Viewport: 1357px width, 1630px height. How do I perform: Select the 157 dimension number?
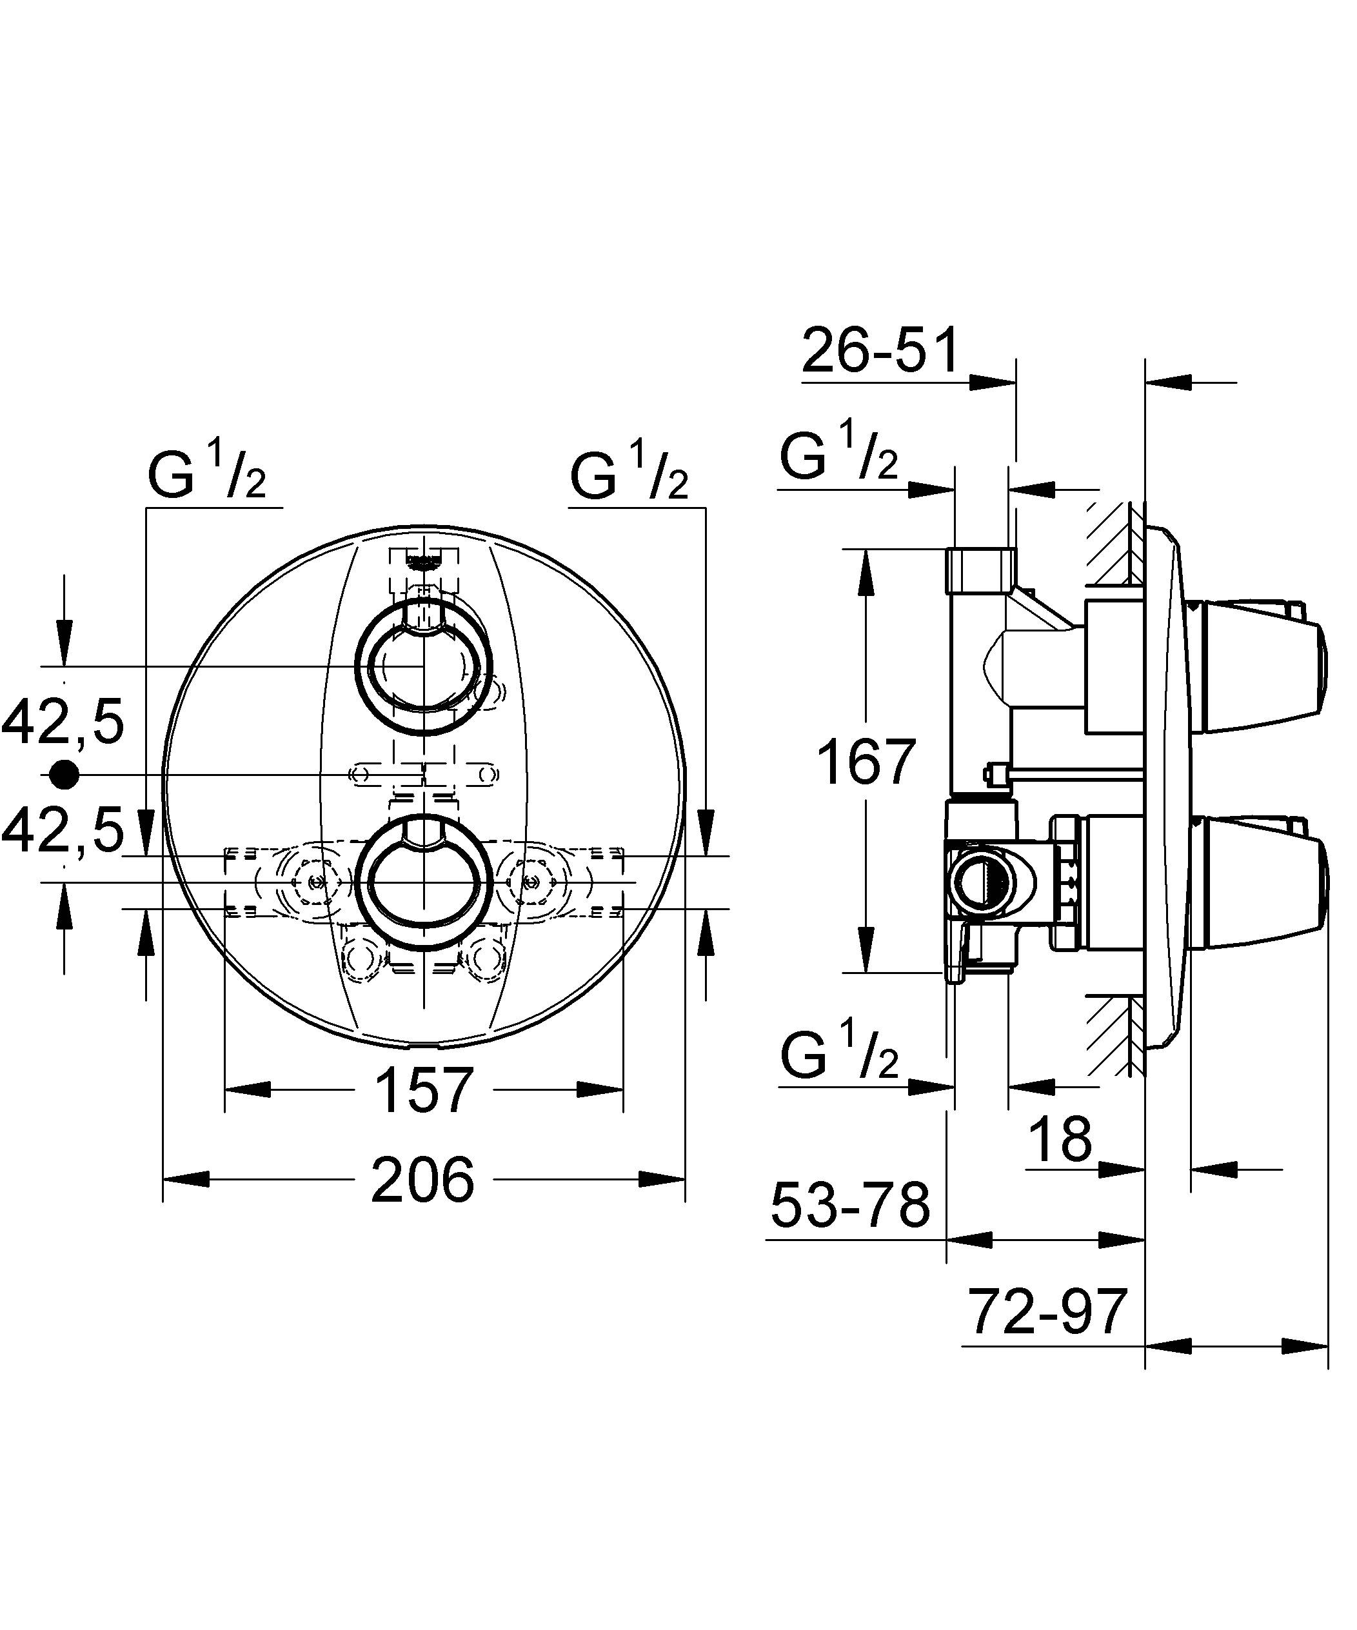tap(424, 1089)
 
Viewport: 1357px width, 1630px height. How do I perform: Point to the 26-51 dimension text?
tap(880, 352)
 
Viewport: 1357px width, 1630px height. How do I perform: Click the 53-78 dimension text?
tap(850, 1206)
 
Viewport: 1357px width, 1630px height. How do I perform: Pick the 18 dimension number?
tap(1060, 1139)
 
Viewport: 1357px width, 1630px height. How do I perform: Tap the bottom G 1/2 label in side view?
tap(839, 1054)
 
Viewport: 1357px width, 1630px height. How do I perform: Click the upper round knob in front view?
tap(423, 666)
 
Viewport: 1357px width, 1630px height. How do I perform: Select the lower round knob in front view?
tap(424, 882)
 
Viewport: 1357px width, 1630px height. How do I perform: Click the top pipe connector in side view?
tap(980, 570)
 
